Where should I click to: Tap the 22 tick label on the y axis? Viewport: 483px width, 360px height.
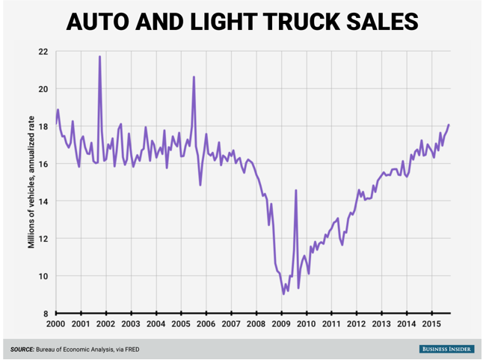tap(43, 52)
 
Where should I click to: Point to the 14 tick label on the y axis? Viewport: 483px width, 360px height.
tap(43, 201)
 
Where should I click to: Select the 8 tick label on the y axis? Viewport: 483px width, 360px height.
tap(46, 314)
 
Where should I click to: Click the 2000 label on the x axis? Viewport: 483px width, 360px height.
tap(55, 324)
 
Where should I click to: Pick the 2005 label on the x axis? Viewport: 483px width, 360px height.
tap(181, 324)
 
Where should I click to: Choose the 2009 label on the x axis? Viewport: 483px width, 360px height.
tap(281, 324)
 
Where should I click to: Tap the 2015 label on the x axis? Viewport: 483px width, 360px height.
tap(431, 324)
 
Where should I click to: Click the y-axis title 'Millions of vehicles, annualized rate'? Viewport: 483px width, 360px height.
tap(32, 183)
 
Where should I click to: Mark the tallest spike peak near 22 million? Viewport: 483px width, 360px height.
tap(99, 57)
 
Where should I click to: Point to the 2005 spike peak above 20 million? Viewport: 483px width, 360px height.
tap(194, 77)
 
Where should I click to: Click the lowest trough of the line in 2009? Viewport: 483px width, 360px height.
tap(283, 293)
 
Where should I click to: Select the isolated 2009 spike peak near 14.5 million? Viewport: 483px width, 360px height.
tap(296, 190)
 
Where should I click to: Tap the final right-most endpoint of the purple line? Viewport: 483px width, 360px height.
tap(449, 125)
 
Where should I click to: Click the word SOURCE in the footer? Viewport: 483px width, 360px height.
tap(22, 349)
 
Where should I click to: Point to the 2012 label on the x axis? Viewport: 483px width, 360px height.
tap(357, 324)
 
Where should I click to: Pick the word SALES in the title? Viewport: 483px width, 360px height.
tap(381, 22)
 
